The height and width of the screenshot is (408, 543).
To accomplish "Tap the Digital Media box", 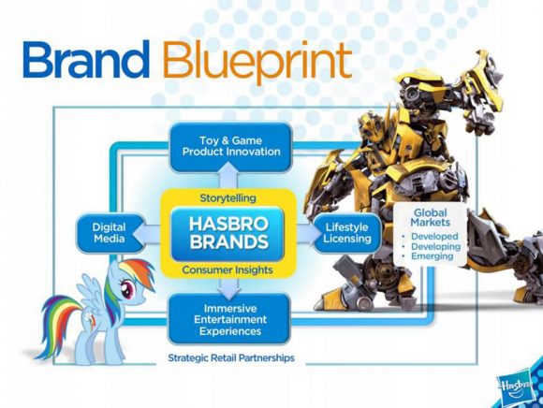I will pyautogui.click(x=109, y=233).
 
